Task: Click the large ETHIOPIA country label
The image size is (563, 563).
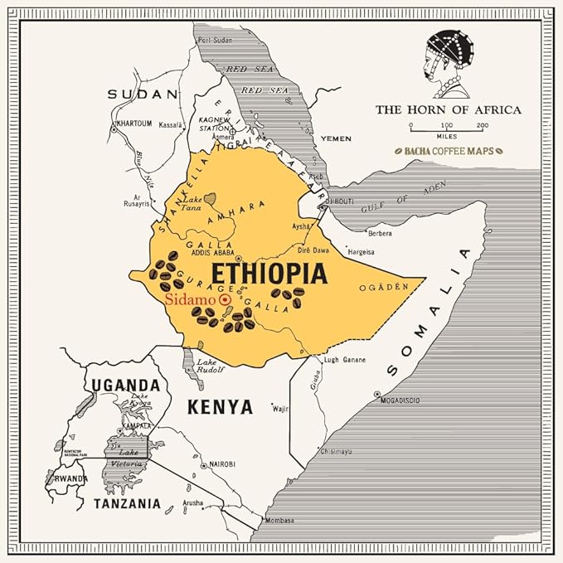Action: point(269,274)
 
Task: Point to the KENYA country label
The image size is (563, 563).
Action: point(220,406)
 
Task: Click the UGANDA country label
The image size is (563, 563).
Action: point(125,385)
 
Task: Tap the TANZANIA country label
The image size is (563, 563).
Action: point(127,503)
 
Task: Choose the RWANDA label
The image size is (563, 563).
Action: point(70,479)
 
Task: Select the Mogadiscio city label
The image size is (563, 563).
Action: point(399,400)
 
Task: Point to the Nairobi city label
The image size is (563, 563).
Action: point(223,464)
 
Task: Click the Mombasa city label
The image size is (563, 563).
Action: point(278,521)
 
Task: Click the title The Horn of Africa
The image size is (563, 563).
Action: point(448,109)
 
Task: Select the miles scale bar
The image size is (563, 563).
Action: point(448,127)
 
